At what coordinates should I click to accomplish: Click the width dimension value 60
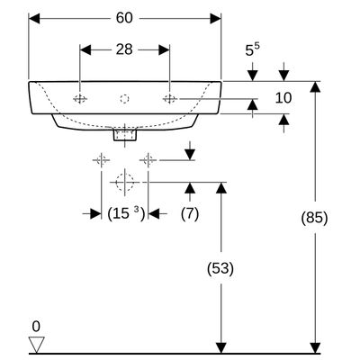click(x=124, y=18)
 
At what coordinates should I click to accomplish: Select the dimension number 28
click(x=124, y=49)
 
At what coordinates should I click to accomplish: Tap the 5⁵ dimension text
click(x=253, y=49)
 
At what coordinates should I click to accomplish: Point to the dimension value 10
click(x=283, y=98)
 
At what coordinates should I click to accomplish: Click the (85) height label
click(x=314, y=218)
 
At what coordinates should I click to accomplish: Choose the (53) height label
click(x=220, y=268)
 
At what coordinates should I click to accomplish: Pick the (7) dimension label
click(x=190, y=214)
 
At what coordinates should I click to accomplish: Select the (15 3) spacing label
click(x=126, y=214)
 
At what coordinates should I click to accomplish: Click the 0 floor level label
click(x=36, y=327)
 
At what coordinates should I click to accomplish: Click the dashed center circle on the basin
click(x=124, y=98)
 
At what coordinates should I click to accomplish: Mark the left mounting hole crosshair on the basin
click(x=80, y=98)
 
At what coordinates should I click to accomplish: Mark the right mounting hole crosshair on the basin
click(x=170, y=98)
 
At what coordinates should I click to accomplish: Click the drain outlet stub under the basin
click(x=124, y=134)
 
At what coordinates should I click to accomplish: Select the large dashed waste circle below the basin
click(x=124, y=182)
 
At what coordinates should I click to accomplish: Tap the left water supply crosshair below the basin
click(x=102, y=160)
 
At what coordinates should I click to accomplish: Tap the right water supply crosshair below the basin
click(x=148, y=160)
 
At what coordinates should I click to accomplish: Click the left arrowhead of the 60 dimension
click(x=34, y=19)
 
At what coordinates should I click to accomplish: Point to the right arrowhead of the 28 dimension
click(x=164, y=49)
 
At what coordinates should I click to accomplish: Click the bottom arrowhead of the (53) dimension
click(x=221, y=348)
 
